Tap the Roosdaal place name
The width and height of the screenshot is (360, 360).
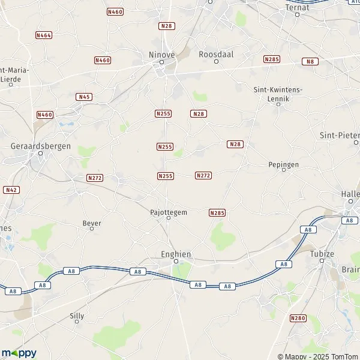pyautogui.click(x=216, y=53)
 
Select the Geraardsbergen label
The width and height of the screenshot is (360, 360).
pyautogui.click(x=41, y=145)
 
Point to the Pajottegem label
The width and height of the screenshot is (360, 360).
pyautogui.click(x=168, y=211)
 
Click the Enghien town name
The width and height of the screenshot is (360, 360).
pyautogui.click(x=175, y=254)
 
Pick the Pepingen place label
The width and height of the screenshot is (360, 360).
pyautogui.click(x=283, y=164)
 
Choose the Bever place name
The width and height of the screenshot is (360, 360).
pyautogui.click(x=92, y=223)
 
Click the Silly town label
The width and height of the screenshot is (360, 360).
pyautogui.click(x=77, y=314)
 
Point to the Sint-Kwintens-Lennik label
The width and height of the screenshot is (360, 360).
pyautogui.click(x=279, y=93)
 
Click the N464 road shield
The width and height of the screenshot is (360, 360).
pyautogui.click(x=44, y=35)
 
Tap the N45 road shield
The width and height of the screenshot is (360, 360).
pyautogui.click(x=84, y=97)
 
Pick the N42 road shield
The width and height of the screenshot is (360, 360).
pyautogui.click(x=10, y=190)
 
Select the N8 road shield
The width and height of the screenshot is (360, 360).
pyautogui.click(x=310, y=61)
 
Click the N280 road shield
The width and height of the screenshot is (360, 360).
pyautogui.click(x=298, y=317)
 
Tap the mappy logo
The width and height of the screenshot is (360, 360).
pyautogui.click(x=19, y=353)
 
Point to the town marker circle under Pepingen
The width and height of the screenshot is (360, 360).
pyautogui.click(x=284, y=170)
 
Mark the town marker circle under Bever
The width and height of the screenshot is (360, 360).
pyautogui.click(x=92, y=229)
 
